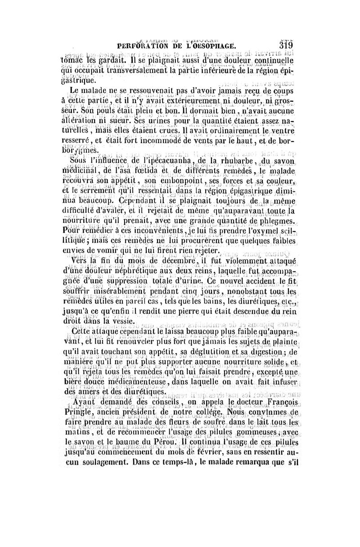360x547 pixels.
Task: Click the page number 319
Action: (x=285, y=45)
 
